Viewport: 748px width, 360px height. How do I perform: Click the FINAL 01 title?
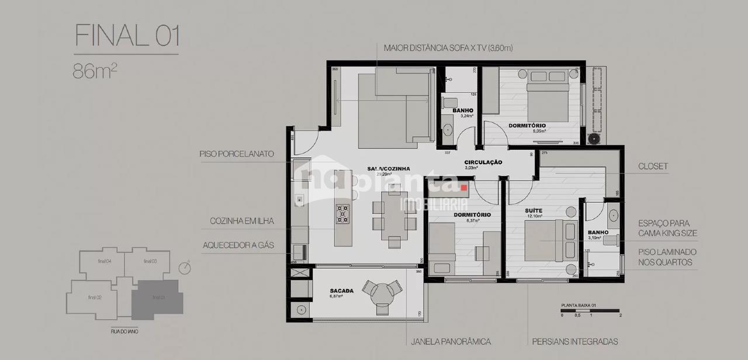click(127, 36)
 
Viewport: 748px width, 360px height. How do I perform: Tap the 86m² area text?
click(95, 71)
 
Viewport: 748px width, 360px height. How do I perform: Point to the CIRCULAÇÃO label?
click(483, 162)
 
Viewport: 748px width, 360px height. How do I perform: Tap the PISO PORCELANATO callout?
click(237, 155)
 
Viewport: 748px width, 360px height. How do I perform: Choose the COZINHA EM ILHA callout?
click(242, 221)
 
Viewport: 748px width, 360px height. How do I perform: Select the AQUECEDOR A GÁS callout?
click(238, 245)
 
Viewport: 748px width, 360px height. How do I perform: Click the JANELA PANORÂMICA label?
click(451, 341)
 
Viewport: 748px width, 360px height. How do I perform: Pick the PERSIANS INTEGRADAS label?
click(574, 341)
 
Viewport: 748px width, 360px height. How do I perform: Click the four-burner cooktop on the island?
click(342, 214)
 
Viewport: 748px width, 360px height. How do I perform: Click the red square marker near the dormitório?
click(465, 188)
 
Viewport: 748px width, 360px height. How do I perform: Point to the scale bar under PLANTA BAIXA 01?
click(591, 311)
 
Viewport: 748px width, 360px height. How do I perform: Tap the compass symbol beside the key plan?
click(185, 268)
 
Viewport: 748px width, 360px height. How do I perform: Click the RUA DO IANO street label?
click(124, 331)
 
